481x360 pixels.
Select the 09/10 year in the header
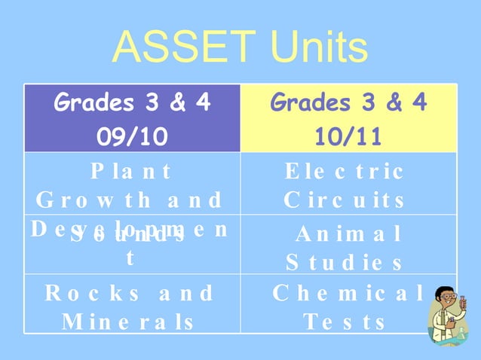click(132, 137)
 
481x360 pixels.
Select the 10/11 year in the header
click(348, 137)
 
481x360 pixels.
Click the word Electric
click(345, 171)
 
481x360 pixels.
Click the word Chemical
click(348, 292)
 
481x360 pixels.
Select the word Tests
click(345, 322)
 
